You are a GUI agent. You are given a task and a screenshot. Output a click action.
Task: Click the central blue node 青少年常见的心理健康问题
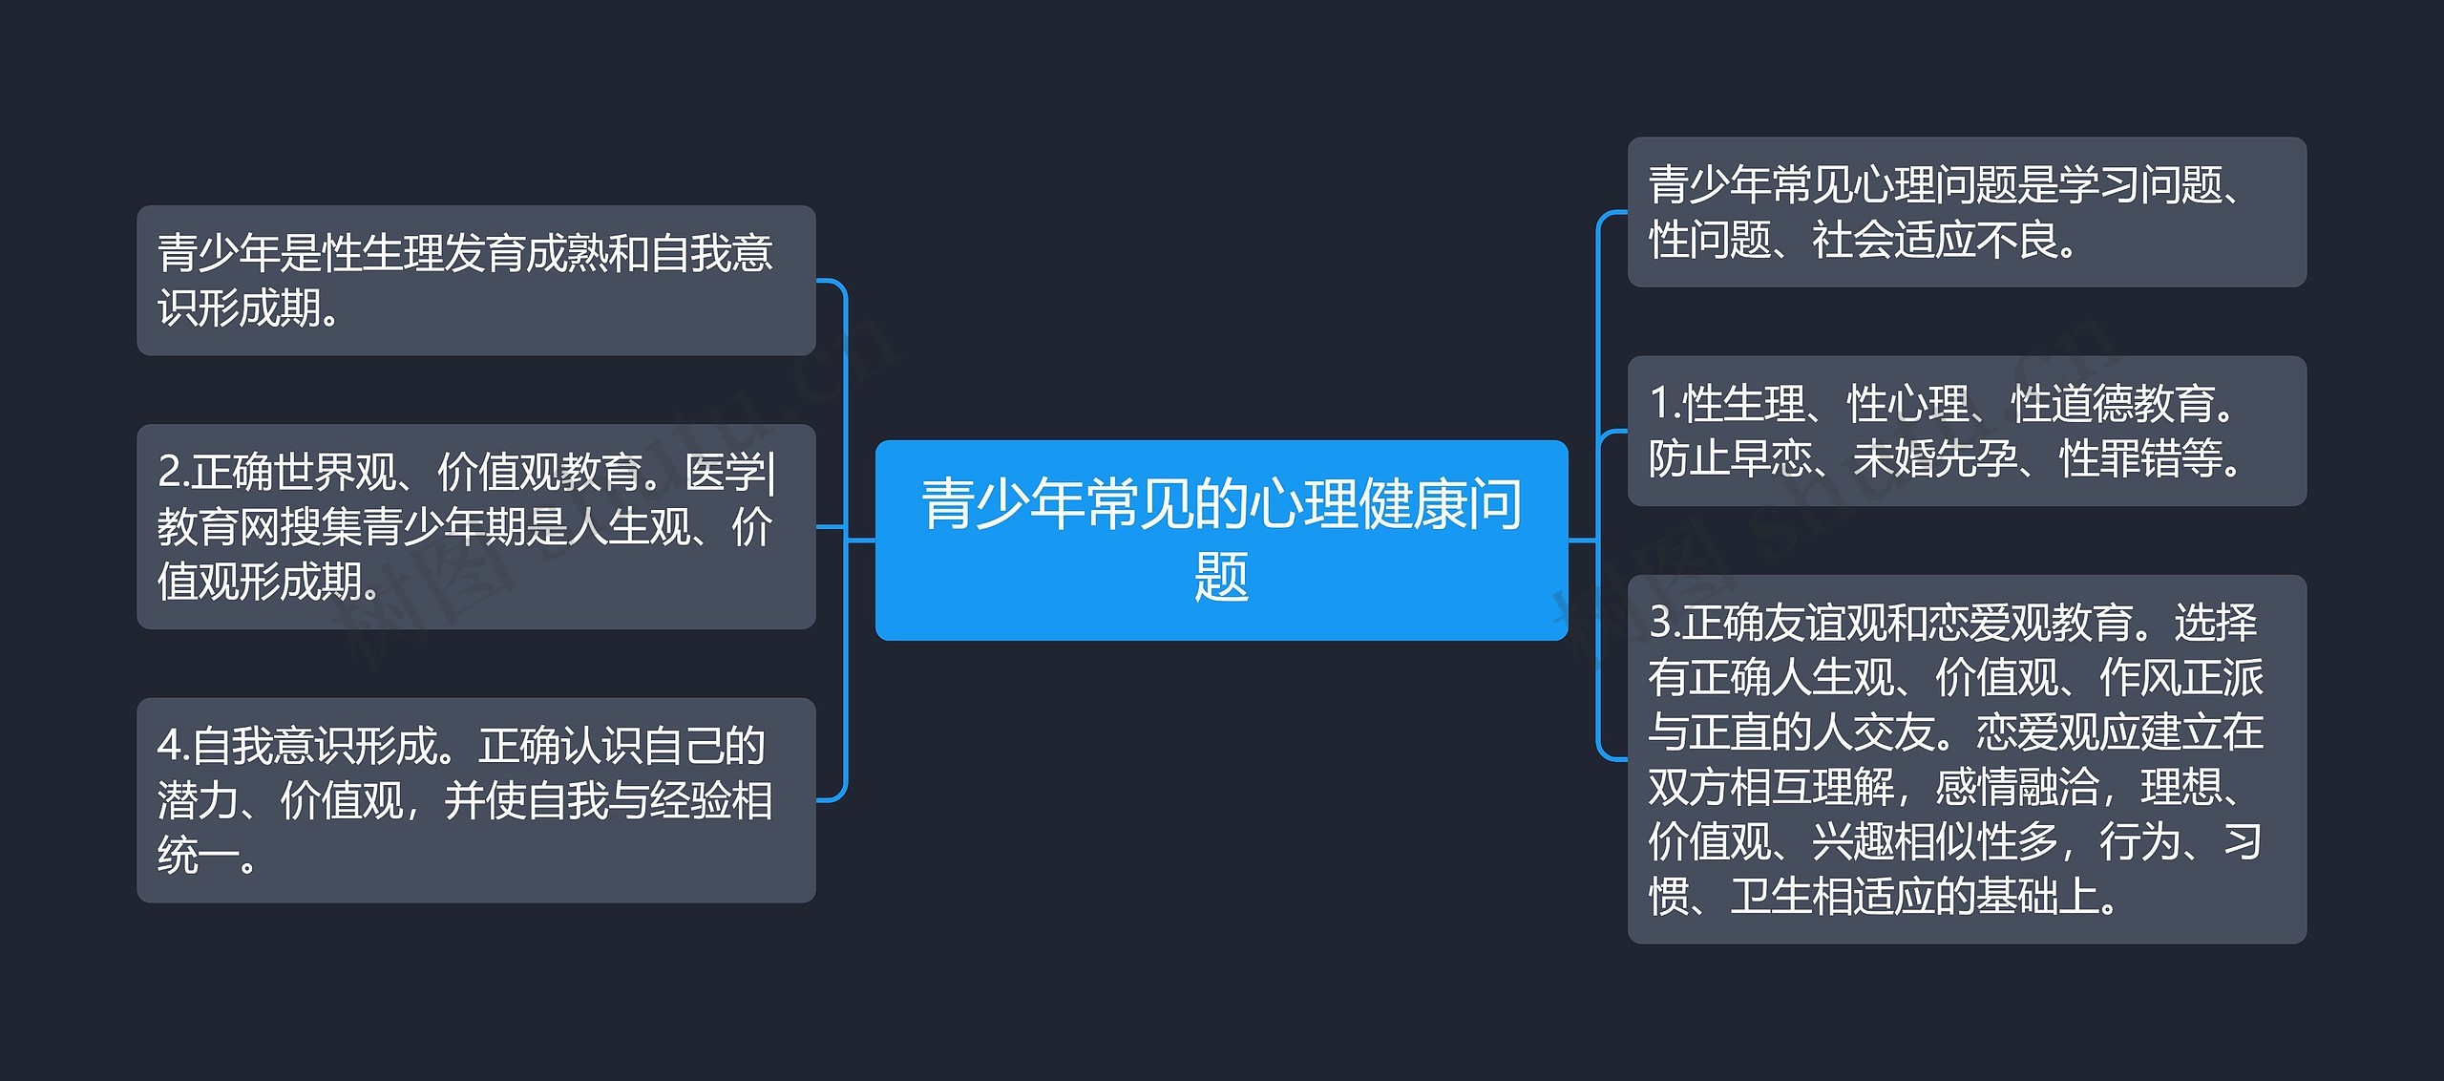pos(1221,540)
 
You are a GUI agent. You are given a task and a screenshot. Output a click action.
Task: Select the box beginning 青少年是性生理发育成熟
pos(475,280)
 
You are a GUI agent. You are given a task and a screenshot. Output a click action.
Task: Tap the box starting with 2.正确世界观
pos(475,526)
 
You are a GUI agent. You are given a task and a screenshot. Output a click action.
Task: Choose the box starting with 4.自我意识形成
pos(475,800)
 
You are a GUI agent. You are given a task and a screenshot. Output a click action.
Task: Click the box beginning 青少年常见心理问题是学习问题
pos(1967,212)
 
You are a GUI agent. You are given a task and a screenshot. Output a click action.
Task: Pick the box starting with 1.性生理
pos(1967,431)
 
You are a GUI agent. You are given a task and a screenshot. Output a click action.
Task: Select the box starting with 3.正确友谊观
pos(1967,759)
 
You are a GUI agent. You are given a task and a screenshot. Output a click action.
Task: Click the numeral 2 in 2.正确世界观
pos(169,472)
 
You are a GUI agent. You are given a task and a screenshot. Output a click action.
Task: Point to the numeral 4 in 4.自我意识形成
pos(169,746)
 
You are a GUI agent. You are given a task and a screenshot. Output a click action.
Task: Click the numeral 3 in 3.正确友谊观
pos(1661,623)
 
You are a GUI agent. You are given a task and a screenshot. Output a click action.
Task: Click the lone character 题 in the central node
pos(1221,577)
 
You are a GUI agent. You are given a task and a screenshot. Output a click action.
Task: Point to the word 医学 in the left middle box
pos(725,472)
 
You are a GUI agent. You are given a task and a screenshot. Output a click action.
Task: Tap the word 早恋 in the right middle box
pos(1772,459)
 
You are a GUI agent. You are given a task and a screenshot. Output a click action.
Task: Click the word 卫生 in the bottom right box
pos(1771,897)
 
